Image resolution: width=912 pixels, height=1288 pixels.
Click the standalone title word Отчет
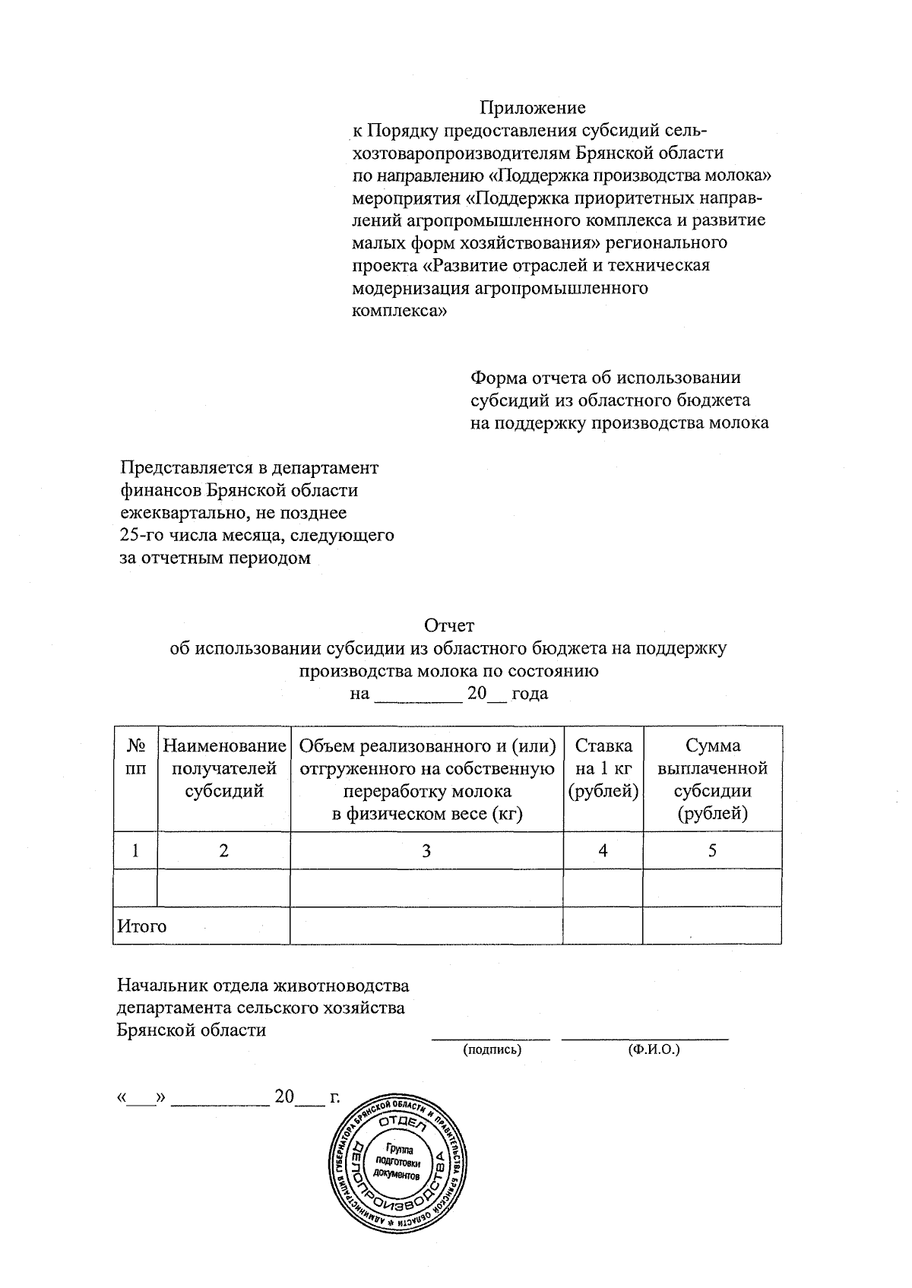(x=449, y=625)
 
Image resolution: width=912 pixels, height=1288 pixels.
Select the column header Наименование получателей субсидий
(x=224, y=768)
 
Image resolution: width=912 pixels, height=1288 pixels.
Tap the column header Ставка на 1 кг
(x=603, y=768)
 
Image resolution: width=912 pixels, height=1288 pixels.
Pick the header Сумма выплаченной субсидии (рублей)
(x=712, y=780)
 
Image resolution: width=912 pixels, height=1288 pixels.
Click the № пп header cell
(x=135, y=757)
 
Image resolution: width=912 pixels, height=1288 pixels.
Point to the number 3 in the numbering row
(x=426, y=851)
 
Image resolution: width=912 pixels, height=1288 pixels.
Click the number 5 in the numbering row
(x=712, y=851)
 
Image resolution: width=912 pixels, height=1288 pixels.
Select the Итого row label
(x=141, y=926)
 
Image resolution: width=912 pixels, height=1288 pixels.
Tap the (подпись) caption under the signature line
(x=492, y=1050)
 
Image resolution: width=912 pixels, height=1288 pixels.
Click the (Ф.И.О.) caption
(x=653, y=1050)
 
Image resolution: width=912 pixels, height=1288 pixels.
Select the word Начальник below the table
(x=157, y=986)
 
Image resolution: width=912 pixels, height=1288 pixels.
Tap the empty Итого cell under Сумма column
(x=712, y=926)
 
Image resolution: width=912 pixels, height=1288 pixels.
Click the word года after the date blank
(x=530, y=694)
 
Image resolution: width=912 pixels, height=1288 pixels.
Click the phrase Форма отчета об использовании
(x=606, y=378)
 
